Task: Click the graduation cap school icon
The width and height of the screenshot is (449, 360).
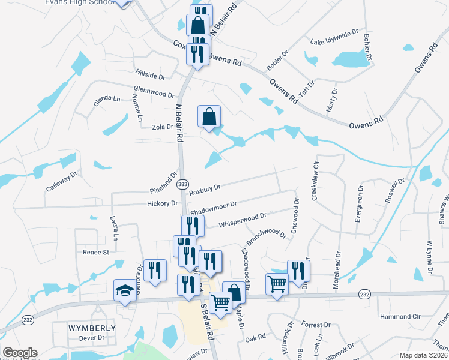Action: pyautogui.click(x=125, y=290)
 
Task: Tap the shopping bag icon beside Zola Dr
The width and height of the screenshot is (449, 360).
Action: pyautogui.click(x=209, y=116)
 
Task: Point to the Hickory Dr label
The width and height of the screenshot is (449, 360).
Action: pyautogui.click(x=162, y=203)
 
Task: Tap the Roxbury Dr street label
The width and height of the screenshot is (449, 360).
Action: pyautogui.click(x=205, y=190)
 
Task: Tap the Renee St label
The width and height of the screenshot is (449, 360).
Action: pyautogui.click(x=95, y=253)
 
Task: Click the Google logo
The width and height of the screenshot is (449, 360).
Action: pyautogui.click(x=20, y=353)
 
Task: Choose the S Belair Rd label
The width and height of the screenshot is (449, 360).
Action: pyautogui.click(x=208, y=325)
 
